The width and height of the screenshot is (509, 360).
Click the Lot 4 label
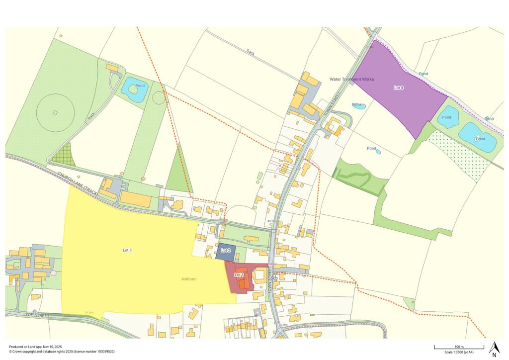pos(399,88)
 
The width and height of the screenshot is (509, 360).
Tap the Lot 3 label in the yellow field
pos(127,250)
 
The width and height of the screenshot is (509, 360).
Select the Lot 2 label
pos(226,250)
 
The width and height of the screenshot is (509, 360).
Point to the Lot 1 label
pos(239,275)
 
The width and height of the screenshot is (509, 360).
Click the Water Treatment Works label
pos(352,79)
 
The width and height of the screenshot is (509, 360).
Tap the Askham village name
pos(189,279)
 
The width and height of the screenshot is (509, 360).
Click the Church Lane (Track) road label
pos(76,180)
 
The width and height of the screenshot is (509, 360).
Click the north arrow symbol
pos(494,349)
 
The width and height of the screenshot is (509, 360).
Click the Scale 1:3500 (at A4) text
pos(459,352)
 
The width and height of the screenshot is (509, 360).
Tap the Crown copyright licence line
pos(62,352)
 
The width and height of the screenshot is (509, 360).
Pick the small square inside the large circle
pos(55,112)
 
